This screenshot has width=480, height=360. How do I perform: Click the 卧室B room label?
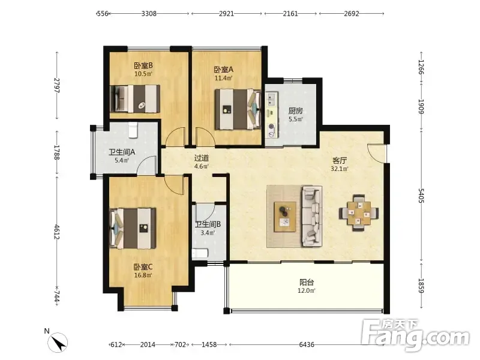(x=143, y=65)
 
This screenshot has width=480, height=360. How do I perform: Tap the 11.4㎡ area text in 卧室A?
(x=223, y=78)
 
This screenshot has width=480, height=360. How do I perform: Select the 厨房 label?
(x=295, y=110)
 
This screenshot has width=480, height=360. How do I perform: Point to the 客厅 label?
(x=340, y=160)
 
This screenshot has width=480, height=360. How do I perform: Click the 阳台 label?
(x=307, y=282)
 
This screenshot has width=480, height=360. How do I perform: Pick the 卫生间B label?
(x=208, y=224)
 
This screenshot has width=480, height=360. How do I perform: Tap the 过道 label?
(x=202, y=158)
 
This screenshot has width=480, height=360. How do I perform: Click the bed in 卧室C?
(x=133, y=229)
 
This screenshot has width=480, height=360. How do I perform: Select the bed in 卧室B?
(x=135, y=99)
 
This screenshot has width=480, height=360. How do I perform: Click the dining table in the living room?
(x=358, y=213)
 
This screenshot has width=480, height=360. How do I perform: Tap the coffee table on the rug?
(x=285, y=217)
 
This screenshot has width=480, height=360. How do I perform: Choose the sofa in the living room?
(x=312, y=216)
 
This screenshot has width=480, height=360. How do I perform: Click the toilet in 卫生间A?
(x=133, y=130)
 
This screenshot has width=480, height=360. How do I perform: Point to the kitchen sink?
(x=272, y=98)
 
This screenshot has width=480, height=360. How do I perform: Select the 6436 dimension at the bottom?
(x=307, y=344)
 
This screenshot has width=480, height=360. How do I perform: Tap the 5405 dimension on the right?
(x=421, y=196)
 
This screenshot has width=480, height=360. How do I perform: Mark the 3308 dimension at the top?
(x=149, y=13)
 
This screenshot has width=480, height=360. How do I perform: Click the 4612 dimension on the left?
(x=57, y=232)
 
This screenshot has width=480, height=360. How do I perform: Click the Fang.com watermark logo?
(x=415, y=335)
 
